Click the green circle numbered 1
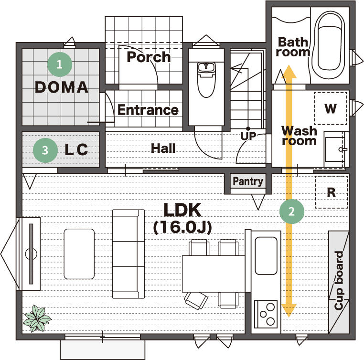[x=60, y=64]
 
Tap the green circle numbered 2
[x=292, y=212]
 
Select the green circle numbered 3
[x=45, y=150]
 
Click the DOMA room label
[x=62, y=87]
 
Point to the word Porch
[x=149, y=57]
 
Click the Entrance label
[x=148, y=110]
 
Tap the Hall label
[x=163, y=148]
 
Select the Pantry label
[x=248, y=181]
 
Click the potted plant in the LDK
[x=37, y=318]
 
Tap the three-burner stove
[x=266, y=314]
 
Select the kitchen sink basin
[x=266, y=255]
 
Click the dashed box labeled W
[x=331, y=108]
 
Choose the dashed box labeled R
[x=331, y=192]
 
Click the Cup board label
[x=339, y=280]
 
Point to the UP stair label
[x=248, y=136]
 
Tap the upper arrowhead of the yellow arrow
[x=289, y=72]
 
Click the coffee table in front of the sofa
[x=79, y=254]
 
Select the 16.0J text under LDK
[x=182, y=227]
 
